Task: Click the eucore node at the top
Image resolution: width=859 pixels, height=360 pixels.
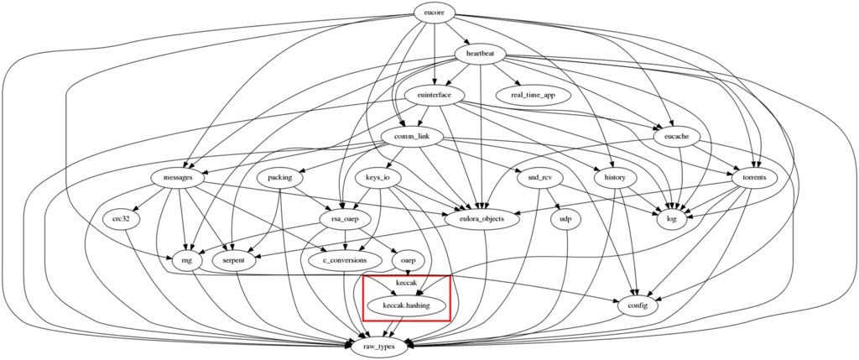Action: (435, 13)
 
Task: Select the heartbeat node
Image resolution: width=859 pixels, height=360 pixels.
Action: (481, 54)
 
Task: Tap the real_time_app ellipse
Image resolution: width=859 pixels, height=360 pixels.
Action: (533, 95)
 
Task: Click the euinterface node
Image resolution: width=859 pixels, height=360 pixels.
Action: (435, 95)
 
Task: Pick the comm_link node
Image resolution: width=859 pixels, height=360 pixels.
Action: (411, 137)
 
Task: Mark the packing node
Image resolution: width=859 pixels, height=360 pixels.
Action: (280, 178)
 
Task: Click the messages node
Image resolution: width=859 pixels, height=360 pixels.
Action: (178, 178)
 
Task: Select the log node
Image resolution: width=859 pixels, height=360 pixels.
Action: (672, 219)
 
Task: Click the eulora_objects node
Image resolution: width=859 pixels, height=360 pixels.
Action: (482, 219)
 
